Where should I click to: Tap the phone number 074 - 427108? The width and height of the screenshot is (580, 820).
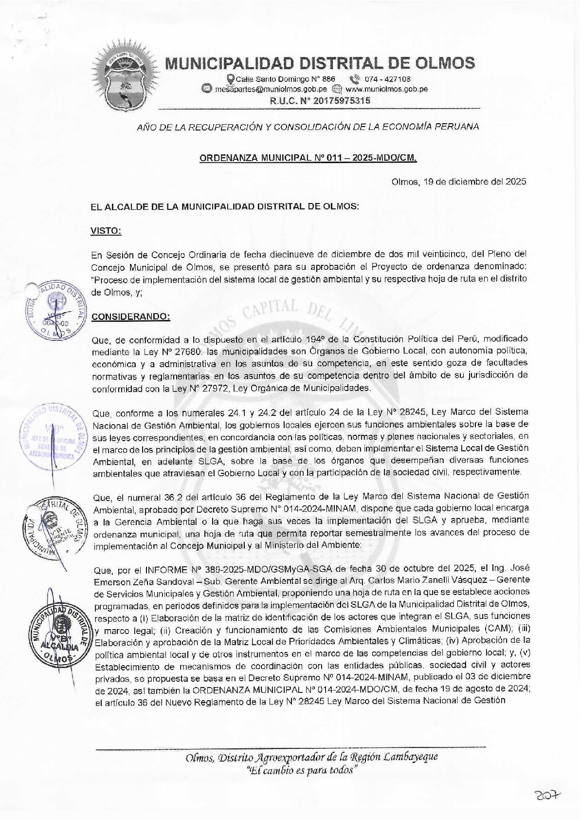tap(387, 79)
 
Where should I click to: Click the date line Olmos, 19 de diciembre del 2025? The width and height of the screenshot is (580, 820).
tap(458, 182)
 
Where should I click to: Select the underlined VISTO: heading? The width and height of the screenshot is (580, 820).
tap(106, 231)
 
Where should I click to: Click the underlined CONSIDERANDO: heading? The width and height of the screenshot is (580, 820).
tap(131, 316)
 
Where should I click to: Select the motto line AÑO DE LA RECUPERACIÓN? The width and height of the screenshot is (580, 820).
tap(308, 127)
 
